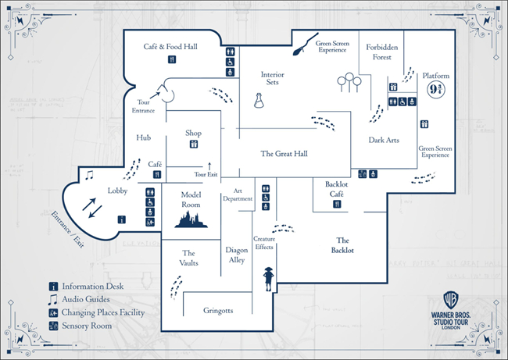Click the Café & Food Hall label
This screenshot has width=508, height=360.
coord(170,47)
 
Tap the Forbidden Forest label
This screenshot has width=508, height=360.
coord(383,52)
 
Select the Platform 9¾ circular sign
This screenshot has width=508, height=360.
coord(436,88)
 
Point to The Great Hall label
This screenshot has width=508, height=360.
coord(284,154)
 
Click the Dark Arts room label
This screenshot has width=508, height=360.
coord(384,140)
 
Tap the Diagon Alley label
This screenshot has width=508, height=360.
coord(237,255)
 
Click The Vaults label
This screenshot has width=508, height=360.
coord(188,258)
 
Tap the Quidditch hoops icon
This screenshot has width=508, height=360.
coord(348,82)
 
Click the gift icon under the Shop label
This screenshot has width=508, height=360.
coord(194,144)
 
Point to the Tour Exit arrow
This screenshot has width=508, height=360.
coord(209,166)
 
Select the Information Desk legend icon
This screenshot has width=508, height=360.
coord(53,286)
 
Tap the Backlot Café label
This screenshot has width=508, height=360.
coord(336,189)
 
